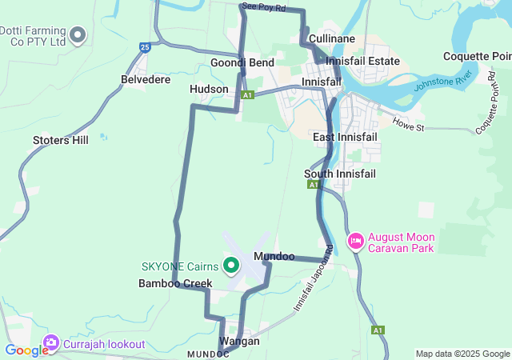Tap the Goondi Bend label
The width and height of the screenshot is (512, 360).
click(242, 62)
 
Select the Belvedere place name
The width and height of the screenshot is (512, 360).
click(145, 80)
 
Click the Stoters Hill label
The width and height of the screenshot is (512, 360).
click(61, 140)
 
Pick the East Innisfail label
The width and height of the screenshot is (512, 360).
click(345, 137)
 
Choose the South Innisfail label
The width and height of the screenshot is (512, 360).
click(339, 174)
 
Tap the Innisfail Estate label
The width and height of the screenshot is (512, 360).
click(362, 61)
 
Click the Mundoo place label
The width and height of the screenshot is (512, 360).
click(274, 256)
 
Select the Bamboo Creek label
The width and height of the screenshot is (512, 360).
click(175, 283)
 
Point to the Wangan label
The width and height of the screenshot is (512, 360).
click(239, 341)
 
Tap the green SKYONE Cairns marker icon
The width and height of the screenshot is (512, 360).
click(231, 265)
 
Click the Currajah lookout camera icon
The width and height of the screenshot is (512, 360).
click(52, 343)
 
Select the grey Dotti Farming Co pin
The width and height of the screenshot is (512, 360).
click(78, 34)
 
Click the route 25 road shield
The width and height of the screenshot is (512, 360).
click(144, 47)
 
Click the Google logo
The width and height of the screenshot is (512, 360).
click(26, 350)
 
